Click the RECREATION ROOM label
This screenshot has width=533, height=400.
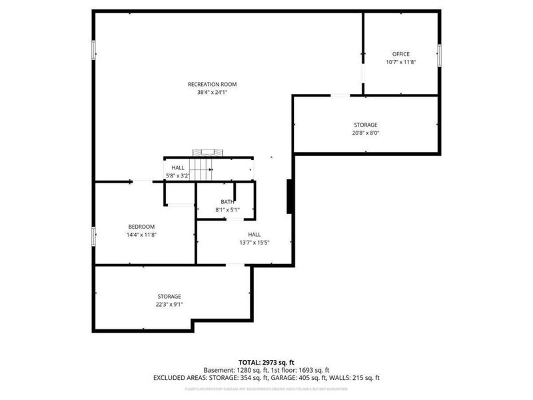tap(212, 84)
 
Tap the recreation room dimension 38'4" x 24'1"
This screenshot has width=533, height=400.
tap(212, 93)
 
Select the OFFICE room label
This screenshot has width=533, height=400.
tap(400, 54)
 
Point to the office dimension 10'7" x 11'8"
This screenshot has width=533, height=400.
tap(400, 62)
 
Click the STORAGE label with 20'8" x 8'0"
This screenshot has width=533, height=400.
tap(365, 125)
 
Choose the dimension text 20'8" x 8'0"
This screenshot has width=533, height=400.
tap(365, 133)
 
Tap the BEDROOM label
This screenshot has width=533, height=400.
tap(141, 226)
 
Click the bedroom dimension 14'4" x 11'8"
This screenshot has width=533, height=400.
tap(141, 234)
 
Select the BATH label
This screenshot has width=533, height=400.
tap(227, 202)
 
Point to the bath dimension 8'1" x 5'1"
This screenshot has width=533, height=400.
tap(227, 210)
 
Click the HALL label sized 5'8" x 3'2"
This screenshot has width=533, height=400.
tap(178, 167)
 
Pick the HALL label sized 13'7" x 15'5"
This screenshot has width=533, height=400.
tap(254, 234)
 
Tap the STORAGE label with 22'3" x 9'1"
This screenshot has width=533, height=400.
tap(169, 296)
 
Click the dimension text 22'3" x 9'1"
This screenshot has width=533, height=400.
tap(169, 304)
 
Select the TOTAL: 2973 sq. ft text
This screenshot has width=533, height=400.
tap(266, 361)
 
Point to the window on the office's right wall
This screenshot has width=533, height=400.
tap(439, 55)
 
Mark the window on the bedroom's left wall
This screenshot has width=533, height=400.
tap(93, 236)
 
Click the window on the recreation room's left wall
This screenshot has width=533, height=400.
tap(93, 49)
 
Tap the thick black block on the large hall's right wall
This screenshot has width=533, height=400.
tap(290, 196)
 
